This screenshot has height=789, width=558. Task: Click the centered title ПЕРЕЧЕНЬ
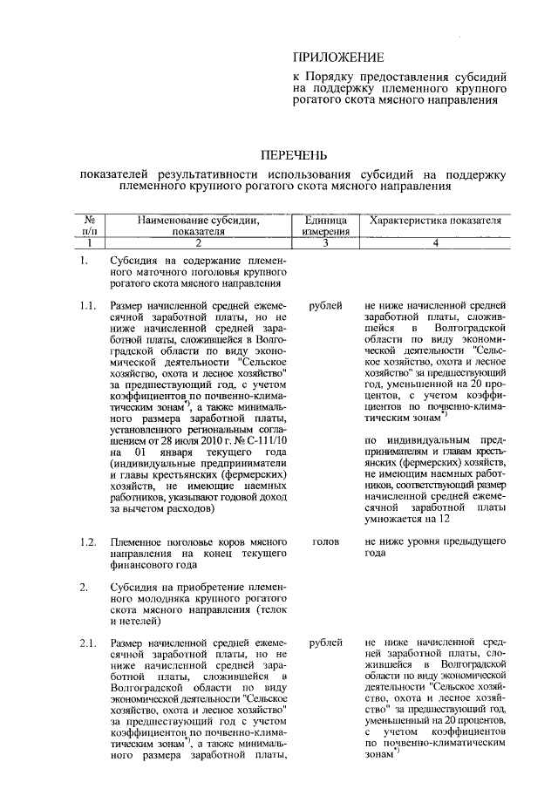[294, 156]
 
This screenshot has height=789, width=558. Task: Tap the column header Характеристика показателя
[435, 221]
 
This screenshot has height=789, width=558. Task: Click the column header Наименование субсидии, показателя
[198, 227]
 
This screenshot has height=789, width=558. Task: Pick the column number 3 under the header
[326, 243]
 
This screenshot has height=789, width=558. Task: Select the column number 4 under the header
[435, 243]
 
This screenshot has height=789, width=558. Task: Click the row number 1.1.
[86, 306]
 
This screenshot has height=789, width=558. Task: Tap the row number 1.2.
[86, 541]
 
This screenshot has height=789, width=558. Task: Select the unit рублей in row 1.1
[326, 306]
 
